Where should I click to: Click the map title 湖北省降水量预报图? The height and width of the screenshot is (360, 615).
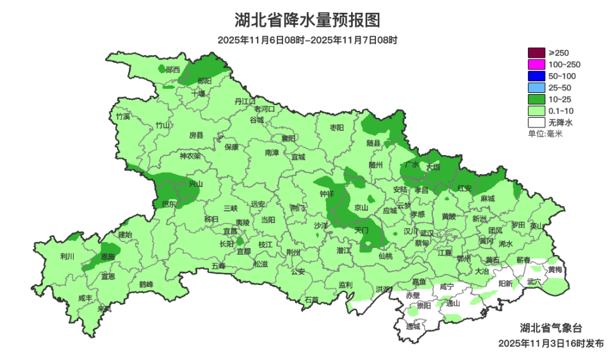click(307, 20)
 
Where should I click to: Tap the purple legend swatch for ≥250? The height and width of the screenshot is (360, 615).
click(536, 53)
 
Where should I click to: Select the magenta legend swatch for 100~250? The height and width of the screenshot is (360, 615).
click(536, 64)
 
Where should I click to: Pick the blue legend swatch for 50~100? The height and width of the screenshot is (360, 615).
click(536, 76)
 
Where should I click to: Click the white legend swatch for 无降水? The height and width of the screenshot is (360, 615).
click(536, 122)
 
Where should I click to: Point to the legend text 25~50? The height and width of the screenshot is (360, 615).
click(560, 87)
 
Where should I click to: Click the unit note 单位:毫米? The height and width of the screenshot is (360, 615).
click(545, 133)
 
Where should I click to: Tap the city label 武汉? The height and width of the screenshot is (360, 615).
click(427, 233)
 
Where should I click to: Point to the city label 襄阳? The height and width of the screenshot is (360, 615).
click(288, 138)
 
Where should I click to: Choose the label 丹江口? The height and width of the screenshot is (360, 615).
click(245, 101)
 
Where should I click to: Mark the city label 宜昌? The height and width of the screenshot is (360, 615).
click(230, 231)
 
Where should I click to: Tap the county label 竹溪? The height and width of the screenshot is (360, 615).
click(122, 117)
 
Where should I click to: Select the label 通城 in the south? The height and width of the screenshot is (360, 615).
click(413, 326)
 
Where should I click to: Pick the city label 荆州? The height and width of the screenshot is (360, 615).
click(293, 252)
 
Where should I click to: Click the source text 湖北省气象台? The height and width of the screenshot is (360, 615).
click(550, 327)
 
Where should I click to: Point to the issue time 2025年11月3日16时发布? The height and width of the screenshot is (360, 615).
click(550, 343)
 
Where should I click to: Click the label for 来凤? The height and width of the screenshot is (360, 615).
click(104, 309)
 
